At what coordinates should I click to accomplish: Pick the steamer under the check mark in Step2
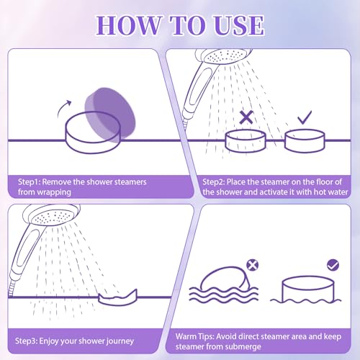(303, 140)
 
